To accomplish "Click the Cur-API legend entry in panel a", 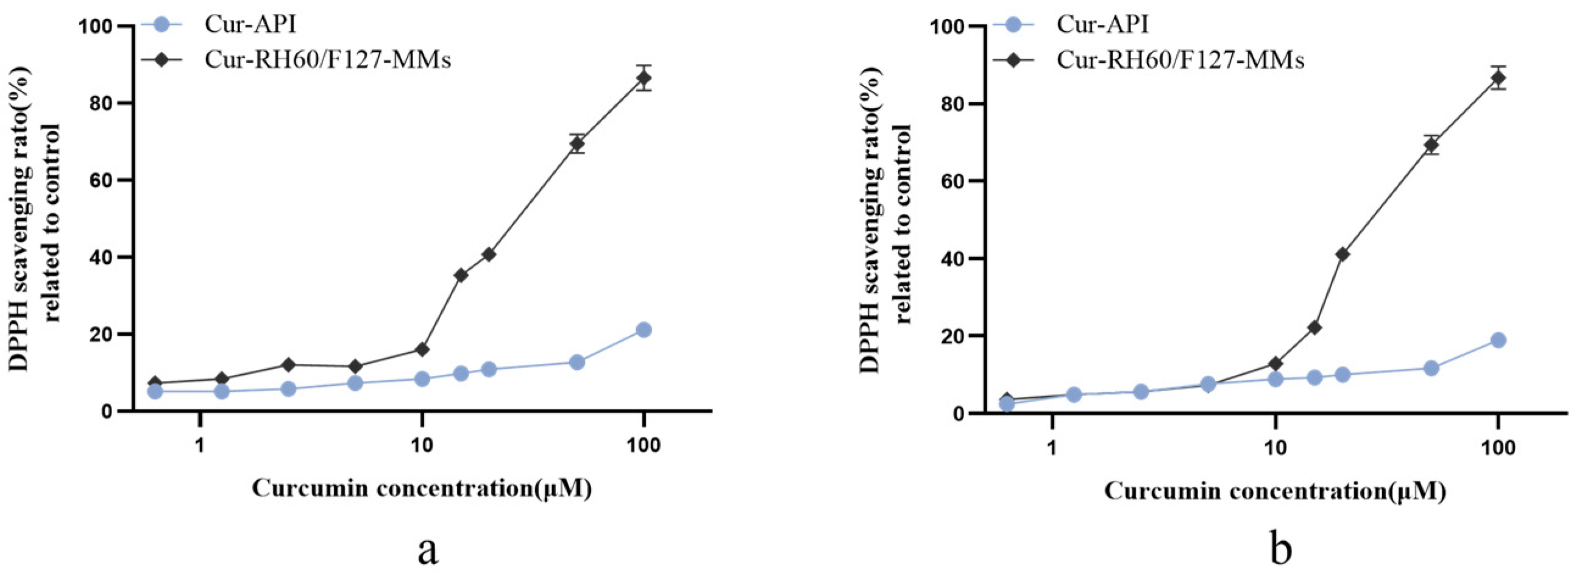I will click(250, 24).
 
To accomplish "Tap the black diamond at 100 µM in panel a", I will click(644, 78).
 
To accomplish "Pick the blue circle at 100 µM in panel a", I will click(644, 330).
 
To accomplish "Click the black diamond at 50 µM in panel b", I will click(1432, 144).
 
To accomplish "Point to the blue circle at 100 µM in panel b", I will click(1498, 341).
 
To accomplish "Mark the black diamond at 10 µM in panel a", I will click(422, 350).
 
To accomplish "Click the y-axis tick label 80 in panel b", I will click(949, 104).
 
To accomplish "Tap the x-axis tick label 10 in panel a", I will click(422, 445).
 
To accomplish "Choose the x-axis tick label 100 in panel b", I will click(1498, 448).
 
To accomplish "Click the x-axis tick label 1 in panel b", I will click(1052, 448).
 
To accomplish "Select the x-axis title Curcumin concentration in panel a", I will click(422, 489).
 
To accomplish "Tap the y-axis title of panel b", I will click(885, 221).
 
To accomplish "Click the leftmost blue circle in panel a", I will click(155, 391).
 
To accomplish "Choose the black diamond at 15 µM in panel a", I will click(461, 275).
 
